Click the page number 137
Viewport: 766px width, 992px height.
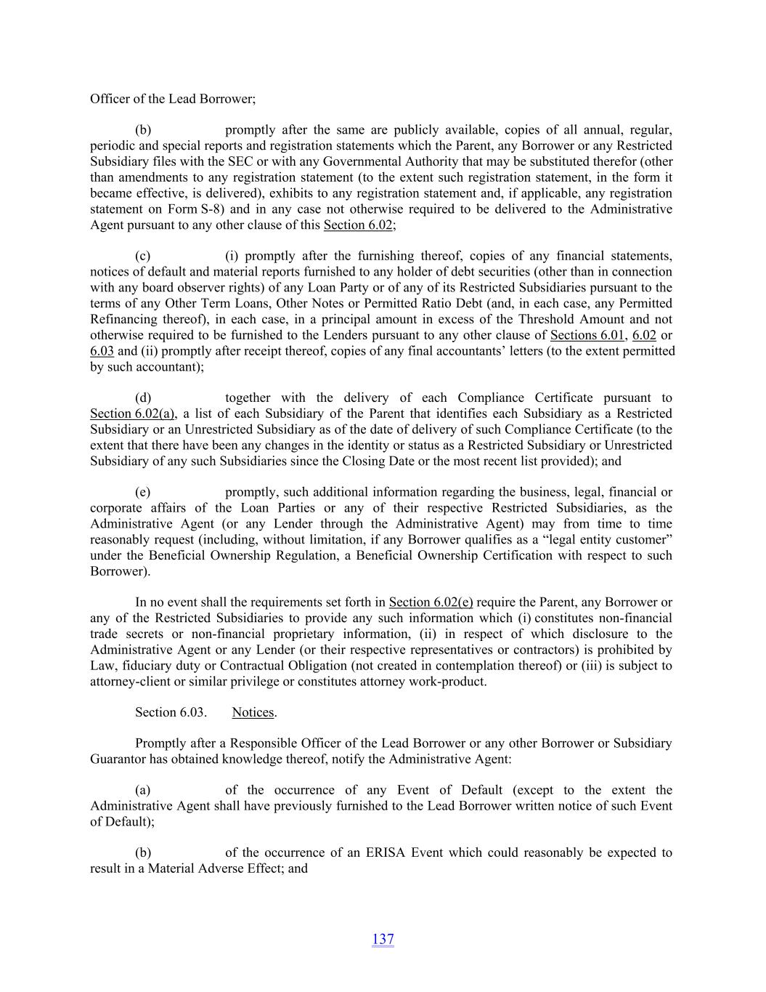pyautogui.click(x=383, y=939)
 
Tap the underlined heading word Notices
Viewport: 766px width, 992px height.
pyautogui.click(x=253, y=712)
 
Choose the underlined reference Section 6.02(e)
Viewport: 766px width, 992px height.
pyautogui.click(x=431, y=602)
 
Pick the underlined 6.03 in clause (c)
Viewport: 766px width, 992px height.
pyautogui.click(x=102, y=351)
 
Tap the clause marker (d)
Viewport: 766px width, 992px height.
pyautogui.click(x=143, y=398)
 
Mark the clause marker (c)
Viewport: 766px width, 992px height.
pyautogui.click(x=143, y=256)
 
